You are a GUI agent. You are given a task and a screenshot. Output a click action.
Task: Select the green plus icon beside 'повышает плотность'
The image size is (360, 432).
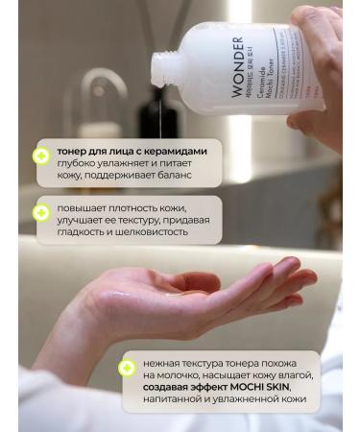40,211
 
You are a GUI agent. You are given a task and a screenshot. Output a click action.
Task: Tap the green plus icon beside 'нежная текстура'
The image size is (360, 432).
126,368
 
